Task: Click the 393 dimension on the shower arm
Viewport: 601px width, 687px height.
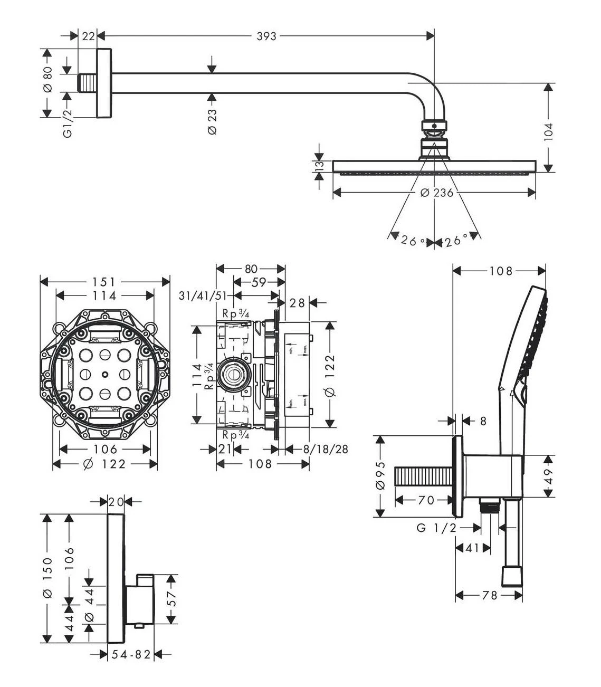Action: coord(266,36)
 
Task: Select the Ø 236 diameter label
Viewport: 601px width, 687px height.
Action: coord(437,193)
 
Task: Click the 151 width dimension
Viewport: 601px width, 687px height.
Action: coord(104,282)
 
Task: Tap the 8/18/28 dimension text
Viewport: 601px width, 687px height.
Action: coord(326,449)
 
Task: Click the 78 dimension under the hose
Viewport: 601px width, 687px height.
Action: coord(490,595)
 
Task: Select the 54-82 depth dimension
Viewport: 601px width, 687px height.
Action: coord(132,654)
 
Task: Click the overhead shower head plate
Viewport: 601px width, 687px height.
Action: coord(434,166)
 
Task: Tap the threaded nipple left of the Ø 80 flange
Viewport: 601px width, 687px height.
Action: coord(88,83)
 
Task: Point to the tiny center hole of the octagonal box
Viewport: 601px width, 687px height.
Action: coord(104,375)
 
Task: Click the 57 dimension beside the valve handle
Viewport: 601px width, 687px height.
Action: coord(171,599)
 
